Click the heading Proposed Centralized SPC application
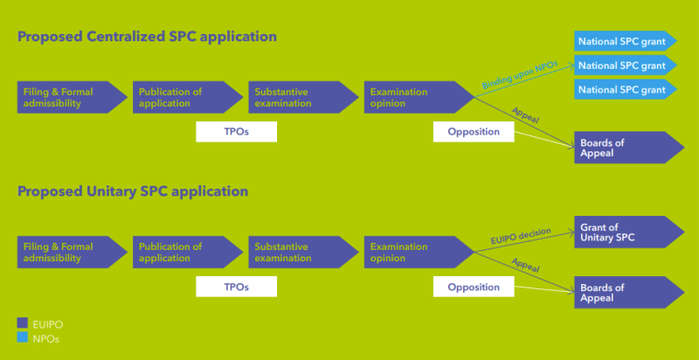pyautogui.click(x=147, y=37)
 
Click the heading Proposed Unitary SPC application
pyautogui.click(x=133, y=190)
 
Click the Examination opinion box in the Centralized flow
pyautogui.click(x=414, y=97)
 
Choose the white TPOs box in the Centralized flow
pyautogui.click(x=236, y=132)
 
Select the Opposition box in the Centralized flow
pyautogui.click(x=473, y=132)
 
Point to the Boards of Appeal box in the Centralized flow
pyautogui.click(x=622, y=148)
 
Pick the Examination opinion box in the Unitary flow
pyautogui.click(x=414, y=252)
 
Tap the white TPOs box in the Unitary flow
pyautogui.click(x=236, y=287)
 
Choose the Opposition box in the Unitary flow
pyautogui.click(x=473, y=287)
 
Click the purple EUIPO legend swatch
pyautogui.click(x=23, y=323)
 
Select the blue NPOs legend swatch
pyautogui.click(x=23, y=337)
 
